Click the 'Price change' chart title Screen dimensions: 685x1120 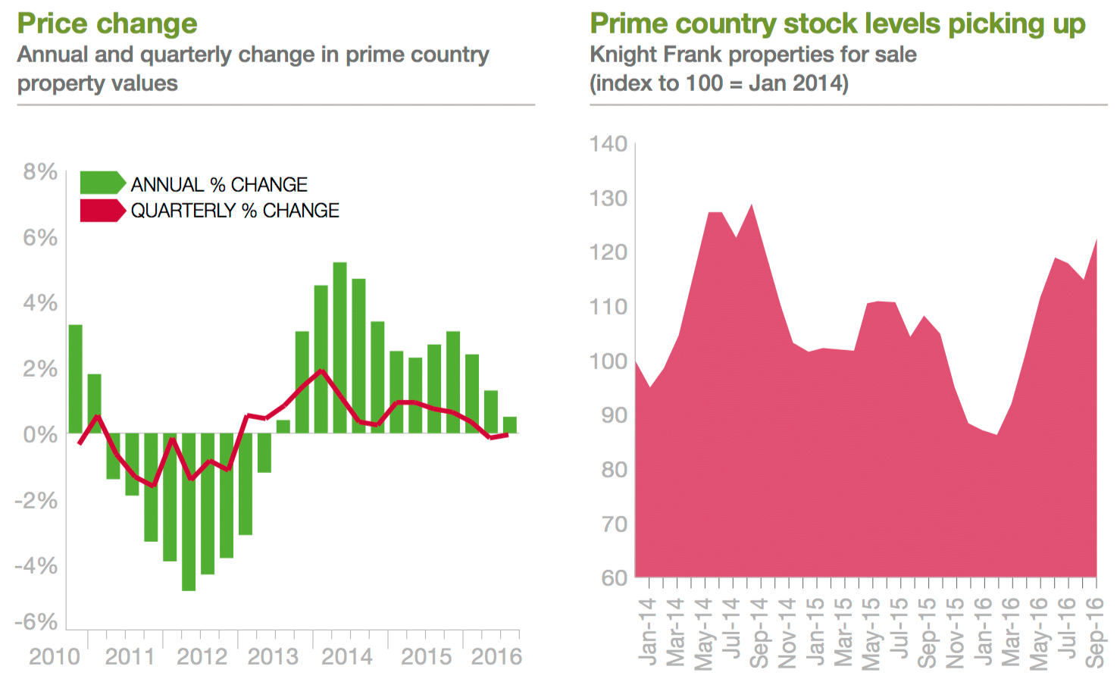[107, 23]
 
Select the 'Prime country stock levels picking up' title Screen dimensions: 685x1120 [837, 23]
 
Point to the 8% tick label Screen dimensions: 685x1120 [40, 172]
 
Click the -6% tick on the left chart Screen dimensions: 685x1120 [36, 622]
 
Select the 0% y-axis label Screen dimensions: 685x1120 [40, 435]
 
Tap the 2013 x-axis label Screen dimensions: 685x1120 [274, 656]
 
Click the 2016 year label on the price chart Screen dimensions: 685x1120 [496, 656]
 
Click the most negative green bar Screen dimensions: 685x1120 [189, 511]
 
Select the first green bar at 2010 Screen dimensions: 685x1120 [75, 378]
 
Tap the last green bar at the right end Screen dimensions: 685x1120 [510, 425]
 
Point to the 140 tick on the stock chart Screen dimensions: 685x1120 [608, 144]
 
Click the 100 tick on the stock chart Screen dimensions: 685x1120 [608, 361]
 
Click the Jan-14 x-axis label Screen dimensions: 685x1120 [647, 631]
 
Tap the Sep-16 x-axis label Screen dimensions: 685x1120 [1094, 631]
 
